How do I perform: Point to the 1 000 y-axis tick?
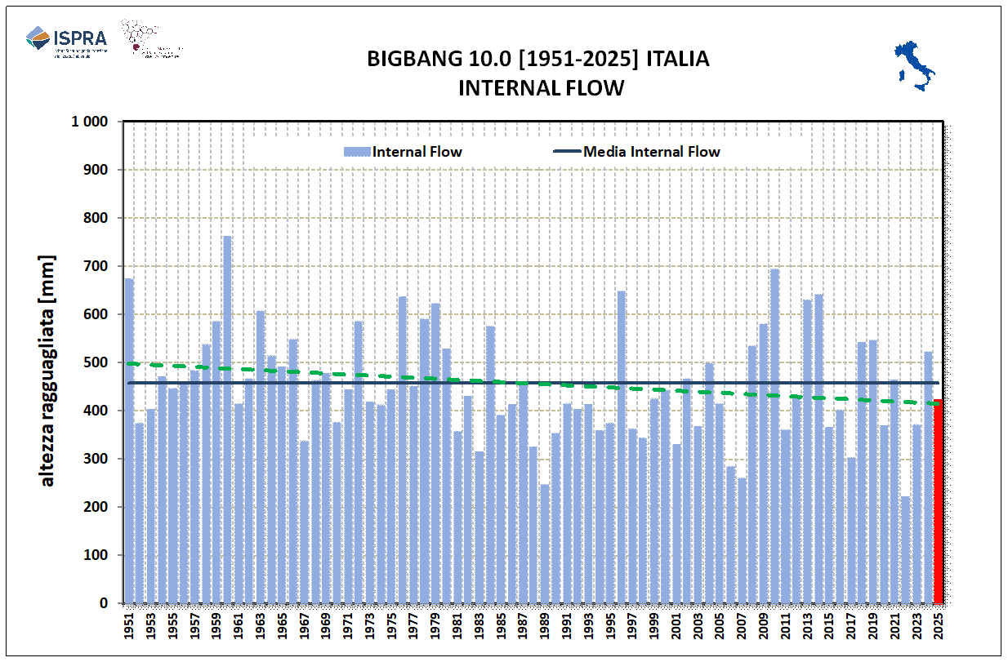point(91,122)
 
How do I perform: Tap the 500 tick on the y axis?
point(97,362)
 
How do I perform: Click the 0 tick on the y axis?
point(104,603)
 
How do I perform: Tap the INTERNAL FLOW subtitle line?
point(540,87)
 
